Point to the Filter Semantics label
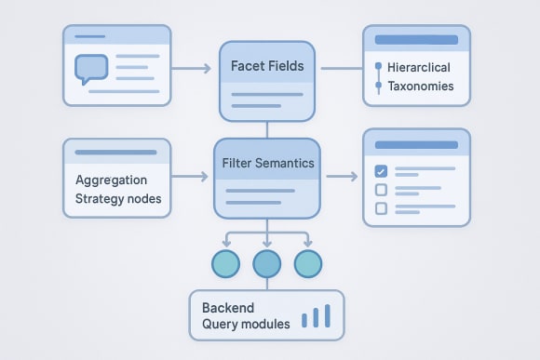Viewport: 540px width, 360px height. [x=267, y=163]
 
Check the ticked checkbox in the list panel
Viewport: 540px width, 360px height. [x=380, y=171]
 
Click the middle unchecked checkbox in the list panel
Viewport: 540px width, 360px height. [x=380, y=190]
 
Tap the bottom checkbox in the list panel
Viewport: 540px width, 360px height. [x=380, y=208]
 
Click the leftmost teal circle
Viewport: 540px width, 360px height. [x=225, y=264]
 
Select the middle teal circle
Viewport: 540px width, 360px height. [x=267, y=264]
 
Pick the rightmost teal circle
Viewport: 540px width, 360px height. [x=308, y=264]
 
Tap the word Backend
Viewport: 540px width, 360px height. [x=227, y=306]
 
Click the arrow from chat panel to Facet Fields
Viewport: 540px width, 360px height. [x=193, y=69]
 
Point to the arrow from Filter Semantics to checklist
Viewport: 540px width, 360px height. [x=342, y=175]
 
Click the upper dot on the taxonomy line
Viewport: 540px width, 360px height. [x=378, y=67]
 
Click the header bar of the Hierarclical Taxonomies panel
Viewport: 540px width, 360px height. [x=415, y=40]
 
